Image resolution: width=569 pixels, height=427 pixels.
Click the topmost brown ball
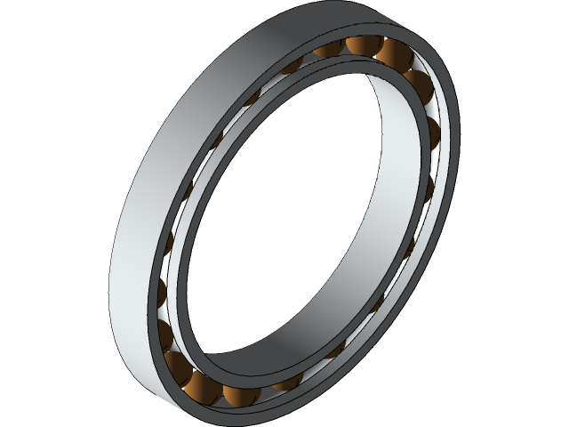[x=363, y=44]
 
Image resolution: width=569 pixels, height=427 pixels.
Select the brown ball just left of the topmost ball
[x=331, y=51]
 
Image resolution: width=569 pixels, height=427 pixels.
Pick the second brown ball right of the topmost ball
[x=417, y=85]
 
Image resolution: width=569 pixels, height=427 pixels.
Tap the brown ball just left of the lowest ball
[x=174, y=364]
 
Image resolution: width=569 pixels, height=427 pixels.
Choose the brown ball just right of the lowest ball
[x=237, y=394]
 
